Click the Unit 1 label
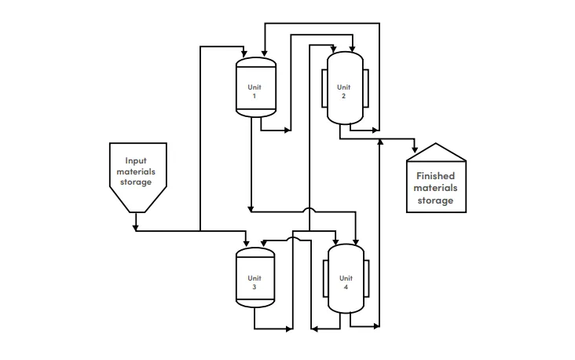point(255,91)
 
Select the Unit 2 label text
point(343,91)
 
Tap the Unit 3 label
point(255,282)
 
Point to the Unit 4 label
point(346,282)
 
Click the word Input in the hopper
point(136,161)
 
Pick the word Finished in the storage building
point(436,176)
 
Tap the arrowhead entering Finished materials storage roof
point(415,150)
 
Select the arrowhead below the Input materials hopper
point(136,228)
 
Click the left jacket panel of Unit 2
point(324,89)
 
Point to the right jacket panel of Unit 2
point(365,89)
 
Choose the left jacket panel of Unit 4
point(326,278)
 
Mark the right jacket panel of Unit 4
point(366,278)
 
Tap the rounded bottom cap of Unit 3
point(255,303)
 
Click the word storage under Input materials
point(136,182)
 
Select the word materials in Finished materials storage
point(436,189)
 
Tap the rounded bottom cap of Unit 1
point(256,113)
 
